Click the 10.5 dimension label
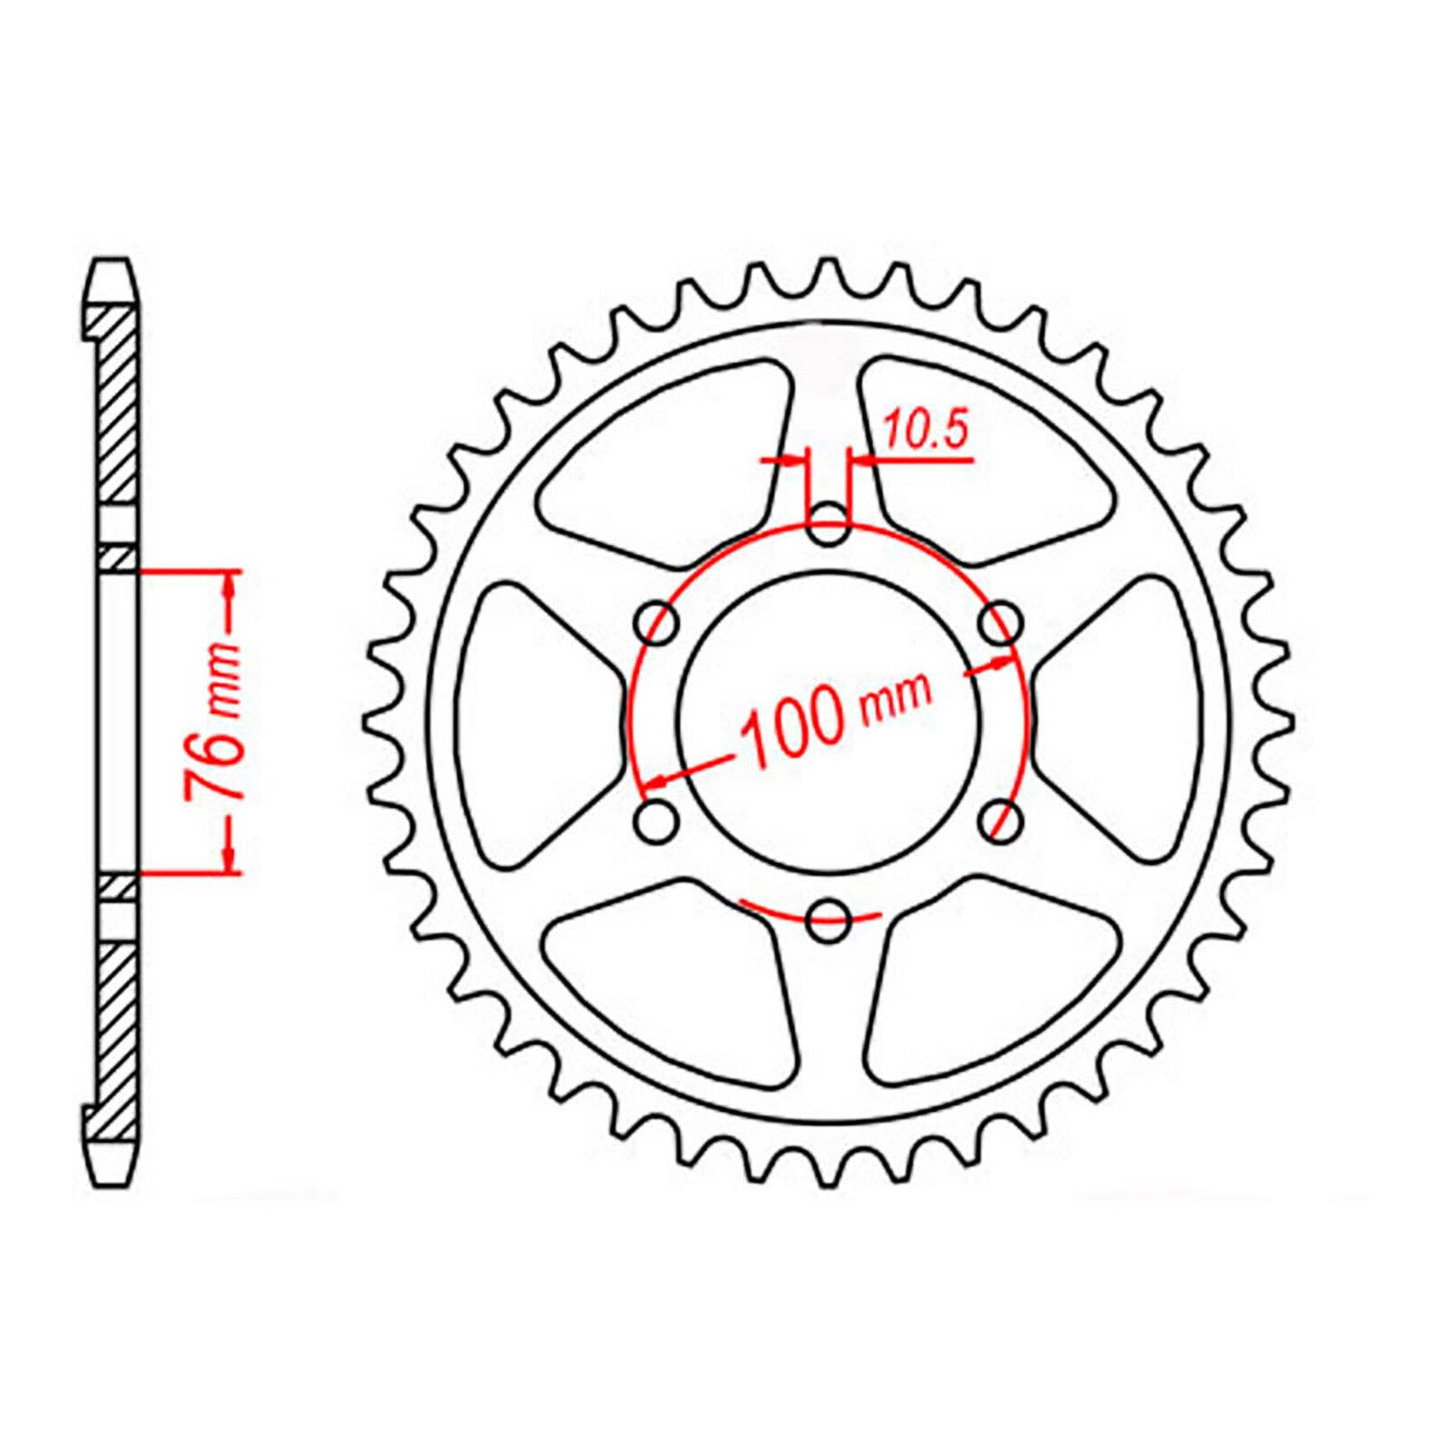(925, 430)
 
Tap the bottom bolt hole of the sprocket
(829, 920)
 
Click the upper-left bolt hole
(657, 624)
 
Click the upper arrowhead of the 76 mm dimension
(230, 586)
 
